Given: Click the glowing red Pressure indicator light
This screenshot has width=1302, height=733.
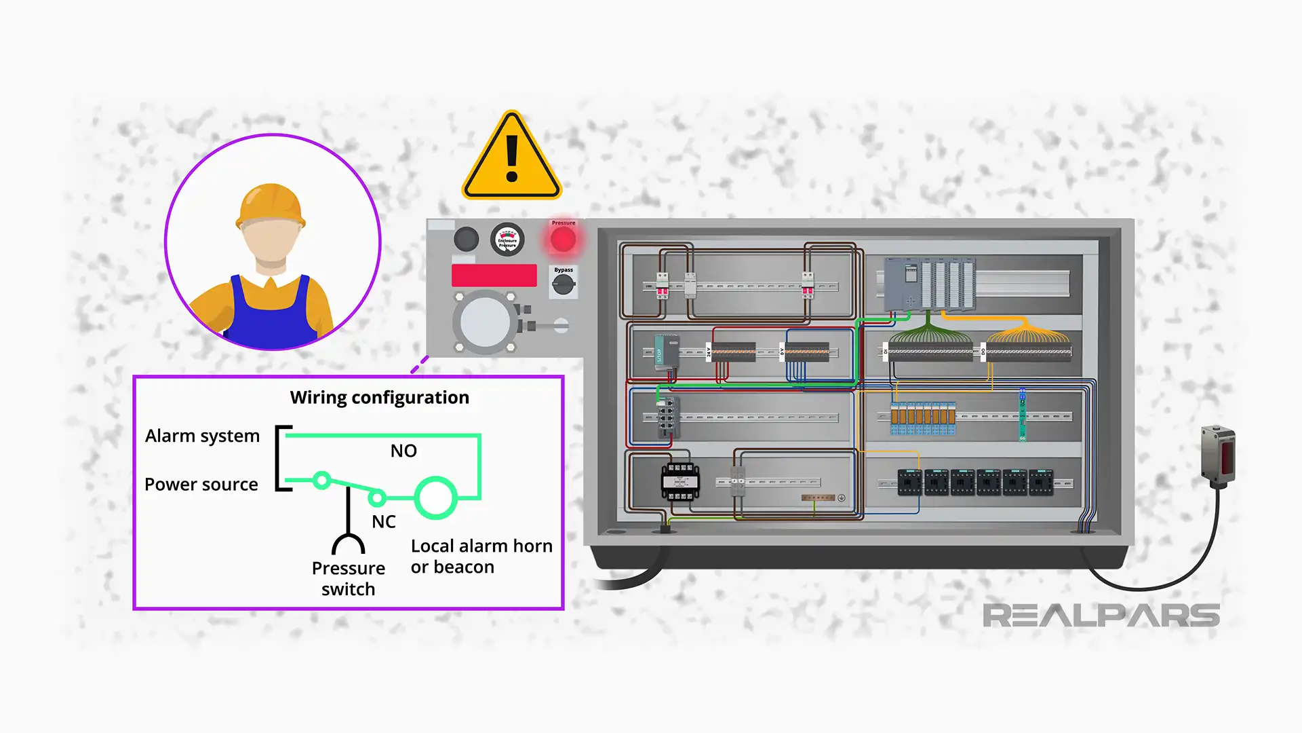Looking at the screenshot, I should (x=563, y=240).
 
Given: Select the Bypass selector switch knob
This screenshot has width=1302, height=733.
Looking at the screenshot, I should (x=563, y=285).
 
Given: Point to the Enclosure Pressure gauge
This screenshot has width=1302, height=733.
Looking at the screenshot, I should (x=507, y=240).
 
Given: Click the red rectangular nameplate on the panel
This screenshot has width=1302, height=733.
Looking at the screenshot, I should (x=494, y=276).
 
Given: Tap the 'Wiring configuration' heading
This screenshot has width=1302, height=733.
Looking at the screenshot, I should (x=379, y=398).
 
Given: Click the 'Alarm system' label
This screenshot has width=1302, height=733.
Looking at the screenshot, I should (x=202, y=436).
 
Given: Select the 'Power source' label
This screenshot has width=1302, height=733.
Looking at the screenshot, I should (x=201, y=485).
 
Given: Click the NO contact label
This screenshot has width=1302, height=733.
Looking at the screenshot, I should (x=403, y=451).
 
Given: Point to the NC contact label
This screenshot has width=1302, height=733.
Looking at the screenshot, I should (x=383, y=522).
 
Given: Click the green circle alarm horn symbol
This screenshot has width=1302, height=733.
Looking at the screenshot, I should (x=435, y=497).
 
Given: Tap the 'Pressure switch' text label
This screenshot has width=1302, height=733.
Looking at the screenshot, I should (x=348, y=578).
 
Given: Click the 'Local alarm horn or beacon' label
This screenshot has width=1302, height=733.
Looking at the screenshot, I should (x=481, y=557).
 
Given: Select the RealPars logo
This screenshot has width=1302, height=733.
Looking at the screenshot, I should (x=1101, y=616).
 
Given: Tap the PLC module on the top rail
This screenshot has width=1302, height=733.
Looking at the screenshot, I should (x=929, y=284).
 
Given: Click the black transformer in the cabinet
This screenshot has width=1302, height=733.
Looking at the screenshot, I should (x=680, y=481).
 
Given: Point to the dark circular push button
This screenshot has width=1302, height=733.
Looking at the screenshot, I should (x=466, y=239).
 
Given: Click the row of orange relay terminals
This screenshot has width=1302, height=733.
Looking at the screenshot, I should (x=923, y=417).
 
